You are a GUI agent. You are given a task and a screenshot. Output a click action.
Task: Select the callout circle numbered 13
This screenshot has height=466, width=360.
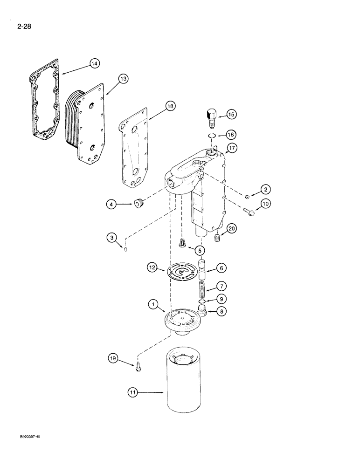(123, 79)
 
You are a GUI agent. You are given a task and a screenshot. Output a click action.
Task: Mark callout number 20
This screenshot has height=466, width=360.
(232, 228)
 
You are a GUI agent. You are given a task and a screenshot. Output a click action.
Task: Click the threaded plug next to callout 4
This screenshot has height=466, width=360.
(138, 204)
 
